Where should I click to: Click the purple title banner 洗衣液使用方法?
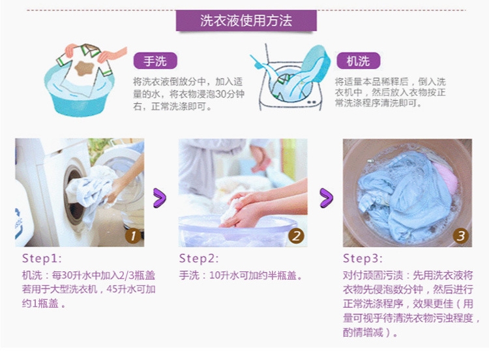click(x=246, y=21)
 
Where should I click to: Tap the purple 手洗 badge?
click(x=155, y=61)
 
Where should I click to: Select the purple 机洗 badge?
click(x=359, y=61)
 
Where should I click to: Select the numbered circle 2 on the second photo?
click(x=296, y=236)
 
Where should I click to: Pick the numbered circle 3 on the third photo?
click(x=460, y=236)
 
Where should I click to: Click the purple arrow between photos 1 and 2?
click(x=160, y=198)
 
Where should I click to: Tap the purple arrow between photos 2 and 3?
click(x=326, y=198)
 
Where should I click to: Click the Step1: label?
click(x=42, y=259)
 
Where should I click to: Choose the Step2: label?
click(x=199, y=259)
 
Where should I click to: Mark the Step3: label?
click(x=363, y=259)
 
